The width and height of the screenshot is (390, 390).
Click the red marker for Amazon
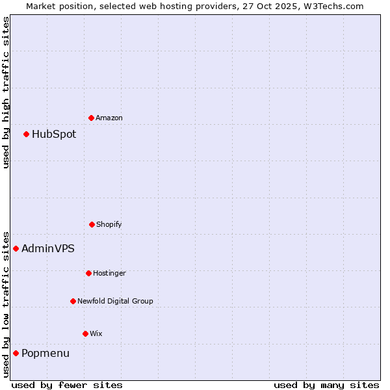click(x=91, y=118)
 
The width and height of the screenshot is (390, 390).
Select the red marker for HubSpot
click(x=26, y=134)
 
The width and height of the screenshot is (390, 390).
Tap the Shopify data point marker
click(x=92, y=224)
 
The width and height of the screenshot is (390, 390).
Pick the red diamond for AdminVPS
click(x=16, y=248)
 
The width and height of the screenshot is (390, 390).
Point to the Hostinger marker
click(x=88, y=273)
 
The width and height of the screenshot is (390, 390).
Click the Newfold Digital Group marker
click(x=73, y=301)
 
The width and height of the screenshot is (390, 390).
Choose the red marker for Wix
click(x=85, y=333)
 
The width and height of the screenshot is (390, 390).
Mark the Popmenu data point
click(x=16, y=353)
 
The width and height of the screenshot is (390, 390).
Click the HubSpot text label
click(x=54, y=135)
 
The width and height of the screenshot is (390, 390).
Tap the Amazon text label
click(x=109, y=118)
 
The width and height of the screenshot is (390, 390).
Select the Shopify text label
click(x=109, y=225)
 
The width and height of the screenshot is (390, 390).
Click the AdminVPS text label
click(x=48, y=249)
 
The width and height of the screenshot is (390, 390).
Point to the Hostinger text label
click(x=109, y=274)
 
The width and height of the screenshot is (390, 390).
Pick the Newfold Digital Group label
click(x=115, y=302)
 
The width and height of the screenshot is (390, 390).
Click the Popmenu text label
click(x=45, y=354)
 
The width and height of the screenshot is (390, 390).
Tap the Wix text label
click(x=96, y=334)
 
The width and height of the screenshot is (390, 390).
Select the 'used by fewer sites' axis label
click(x=67, y=385)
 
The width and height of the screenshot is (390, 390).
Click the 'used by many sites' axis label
click(x=326, y=385)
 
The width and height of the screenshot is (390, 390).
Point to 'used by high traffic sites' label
click(x=6, y=92)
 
